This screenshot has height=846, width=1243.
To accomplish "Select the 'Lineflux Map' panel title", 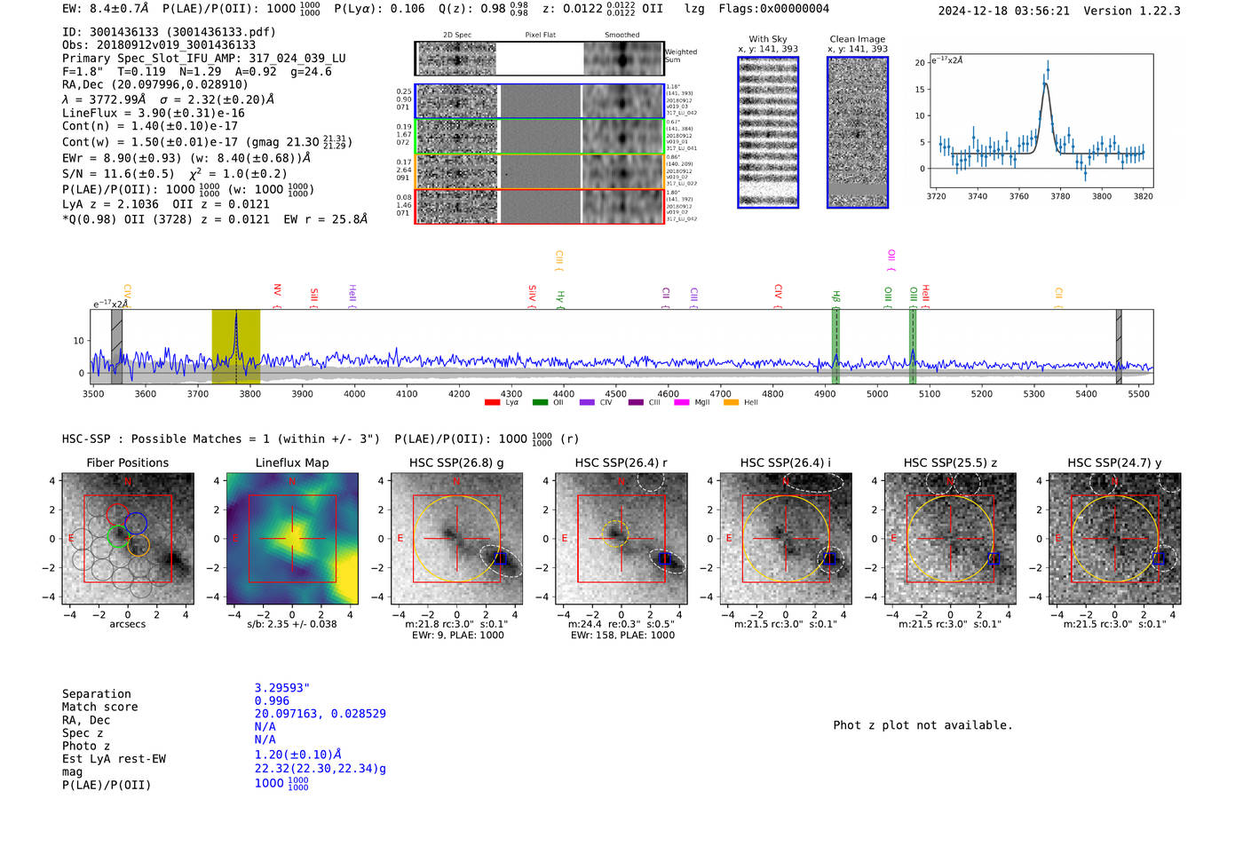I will pyautogui.click(x=291, y=463).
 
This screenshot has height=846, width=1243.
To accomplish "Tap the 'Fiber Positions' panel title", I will pyautogui.click(x=127, y=463).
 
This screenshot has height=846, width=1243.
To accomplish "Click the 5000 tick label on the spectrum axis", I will pyautogui.click(x=876, y=394).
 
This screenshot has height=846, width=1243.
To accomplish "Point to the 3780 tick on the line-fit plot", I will pyautogui.click(x=1060, y=196).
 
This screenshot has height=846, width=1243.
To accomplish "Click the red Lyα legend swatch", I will pyautogui.click(x=493, y=403).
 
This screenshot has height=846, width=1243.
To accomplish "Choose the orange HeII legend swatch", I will pyautogui.click(x=732, y=403).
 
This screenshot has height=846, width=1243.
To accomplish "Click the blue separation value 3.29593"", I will pyautogui.click(x=281, y=688).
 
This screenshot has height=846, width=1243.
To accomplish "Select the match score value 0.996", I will pyautogui.click(x=272, y=701).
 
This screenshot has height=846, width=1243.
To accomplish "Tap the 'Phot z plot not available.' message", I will pyautogui.click(x=922, y=725).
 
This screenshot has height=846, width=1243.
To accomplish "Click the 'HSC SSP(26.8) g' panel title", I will pyautogui.click(x=456, y=463).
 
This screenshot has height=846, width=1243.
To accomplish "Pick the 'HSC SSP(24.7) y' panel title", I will pyautogui.click(x=1114, y=463).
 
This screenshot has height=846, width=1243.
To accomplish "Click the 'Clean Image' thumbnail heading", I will pyautogui.click(x=857, y=39).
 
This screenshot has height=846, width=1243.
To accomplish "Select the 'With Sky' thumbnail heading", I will pyautogui.click(x=768, y=39).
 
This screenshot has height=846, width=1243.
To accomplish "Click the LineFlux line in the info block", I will pyautogui.click(x=153, y=113).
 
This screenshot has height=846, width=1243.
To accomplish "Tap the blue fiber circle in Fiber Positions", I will pyautogui.click(x=136, y=524).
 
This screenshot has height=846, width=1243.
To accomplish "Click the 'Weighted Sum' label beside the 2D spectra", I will pyautogui.click(x=681, y=56).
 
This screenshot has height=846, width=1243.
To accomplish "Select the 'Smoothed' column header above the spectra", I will pyautogui.click(x=621, y=36).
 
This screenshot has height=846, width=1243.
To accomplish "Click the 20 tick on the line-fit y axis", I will pyautogui.click(x=920, y=63).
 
